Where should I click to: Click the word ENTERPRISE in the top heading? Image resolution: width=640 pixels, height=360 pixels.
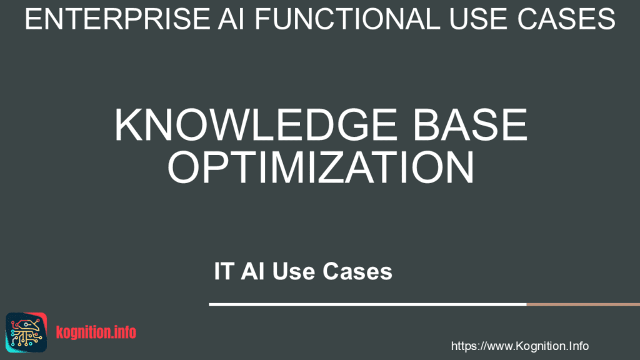tap(117, 19)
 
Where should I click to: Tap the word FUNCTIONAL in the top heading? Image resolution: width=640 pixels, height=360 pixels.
tap(347, 19)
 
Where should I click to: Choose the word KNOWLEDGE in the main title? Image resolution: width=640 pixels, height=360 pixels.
tap(256, 124)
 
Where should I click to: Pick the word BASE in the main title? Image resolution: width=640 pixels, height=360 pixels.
tap(470, 124)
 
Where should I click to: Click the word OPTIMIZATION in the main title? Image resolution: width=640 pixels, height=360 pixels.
tap(321, 167)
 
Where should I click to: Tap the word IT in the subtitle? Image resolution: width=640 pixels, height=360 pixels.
tap(224, 271)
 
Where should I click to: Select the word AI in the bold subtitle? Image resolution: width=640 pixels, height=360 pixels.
tap(252, 271)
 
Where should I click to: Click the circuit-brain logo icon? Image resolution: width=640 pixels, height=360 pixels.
tap(26, 332)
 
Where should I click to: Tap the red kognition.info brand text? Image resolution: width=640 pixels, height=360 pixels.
tap(96, 332)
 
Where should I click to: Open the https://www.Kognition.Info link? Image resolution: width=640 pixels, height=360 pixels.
tap(519, 346)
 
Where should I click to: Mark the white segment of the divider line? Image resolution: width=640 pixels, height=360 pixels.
tap(367, 304)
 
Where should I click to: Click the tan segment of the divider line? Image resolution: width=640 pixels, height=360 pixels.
tap(583, 304)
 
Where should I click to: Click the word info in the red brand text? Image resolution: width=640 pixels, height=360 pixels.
tap(125, 332)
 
